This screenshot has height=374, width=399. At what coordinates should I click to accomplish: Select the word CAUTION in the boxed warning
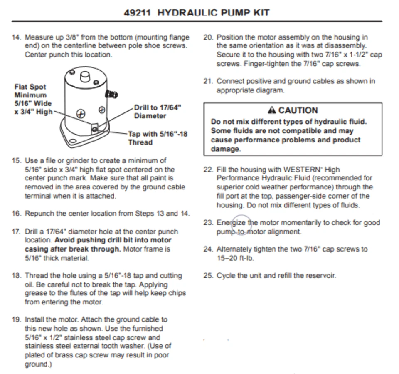point(298,110)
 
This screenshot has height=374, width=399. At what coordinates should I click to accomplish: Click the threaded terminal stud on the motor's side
point(111,95)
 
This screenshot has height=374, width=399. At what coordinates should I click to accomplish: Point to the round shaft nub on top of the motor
point(85,76)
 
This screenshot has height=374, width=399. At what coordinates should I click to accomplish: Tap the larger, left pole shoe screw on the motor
point(81,113)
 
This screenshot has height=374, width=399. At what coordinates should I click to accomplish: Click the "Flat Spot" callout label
point(30,87)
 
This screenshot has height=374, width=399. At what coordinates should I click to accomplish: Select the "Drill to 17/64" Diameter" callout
point(158,112)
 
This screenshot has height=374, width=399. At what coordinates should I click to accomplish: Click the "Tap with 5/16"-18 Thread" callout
point(158,138)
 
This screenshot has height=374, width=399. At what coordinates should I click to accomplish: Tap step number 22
point(208,170)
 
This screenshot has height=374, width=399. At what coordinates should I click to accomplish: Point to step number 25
point(208,275)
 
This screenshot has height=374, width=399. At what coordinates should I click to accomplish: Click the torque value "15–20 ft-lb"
point(235,258)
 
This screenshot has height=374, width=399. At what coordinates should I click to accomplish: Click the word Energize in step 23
point(232,222)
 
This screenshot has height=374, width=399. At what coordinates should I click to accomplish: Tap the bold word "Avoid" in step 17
point(64,240)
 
